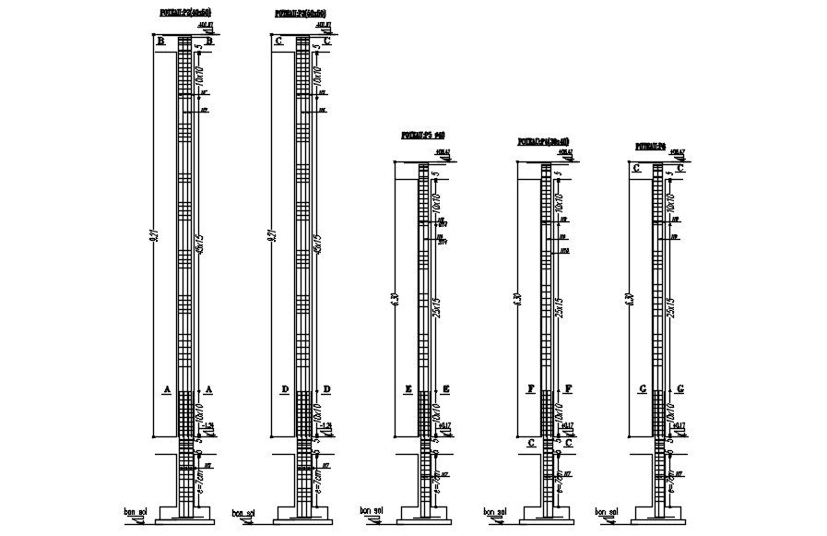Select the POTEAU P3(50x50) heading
tap(301, 14)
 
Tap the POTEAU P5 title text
tap(423, 136)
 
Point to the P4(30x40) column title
tap(544, 143)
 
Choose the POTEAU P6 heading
tap(653, 147)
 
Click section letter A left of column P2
tap(167, 389)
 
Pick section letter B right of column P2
tap(210, 42)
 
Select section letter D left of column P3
tap(285, 389)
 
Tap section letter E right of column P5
tap(445, 389)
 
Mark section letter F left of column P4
tap(531, 389)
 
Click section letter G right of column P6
tap(680, 389)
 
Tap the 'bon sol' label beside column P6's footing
tap(605, 511)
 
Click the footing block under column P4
tap(546, 514)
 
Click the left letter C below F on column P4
tap(531, 443)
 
